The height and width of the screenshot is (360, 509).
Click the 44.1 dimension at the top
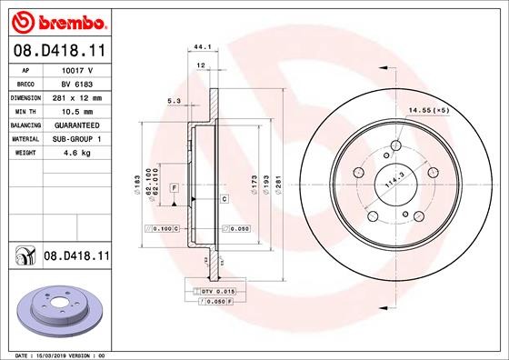(x=202, y=47)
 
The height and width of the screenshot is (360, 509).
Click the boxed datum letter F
(x=173, y=187)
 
